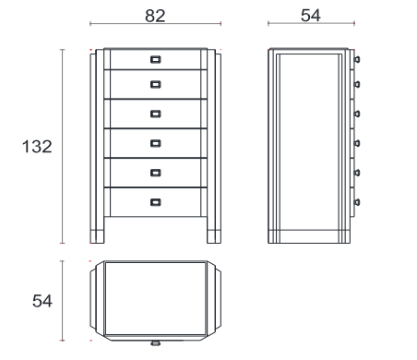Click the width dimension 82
click(155, 16)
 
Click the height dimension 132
click(37, 147)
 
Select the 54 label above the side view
click(311, 16)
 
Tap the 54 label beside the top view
click(42, 301)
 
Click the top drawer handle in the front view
click(156, 59)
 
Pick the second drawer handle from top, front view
click(156, 84)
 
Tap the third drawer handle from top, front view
click(156, 114)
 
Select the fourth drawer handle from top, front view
click(156, 143)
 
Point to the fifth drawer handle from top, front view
click(156, 173)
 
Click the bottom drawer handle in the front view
click(156, 202)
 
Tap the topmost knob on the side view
click(357, 59)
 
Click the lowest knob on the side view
click(357, 202)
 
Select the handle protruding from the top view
click(156, 342)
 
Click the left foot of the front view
click(97, 236)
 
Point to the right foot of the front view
click(214, 236)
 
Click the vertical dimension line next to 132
click(63, 146)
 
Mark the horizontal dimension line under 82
click(155, 24)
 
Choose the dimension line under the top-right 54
click(311, 23)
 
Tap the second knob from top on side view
click(357, 84)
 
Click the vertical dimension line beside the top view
click(63, 301)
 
